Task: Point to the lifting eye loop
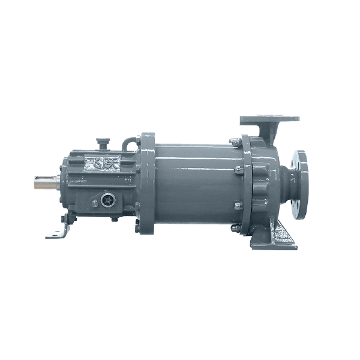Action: (129, 145)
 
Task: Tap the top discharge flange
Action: (269, 119)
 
